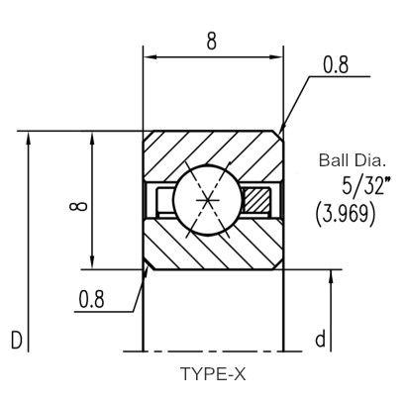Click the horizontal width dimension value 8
(x=212, y=41)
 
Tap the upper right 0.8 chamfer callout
(x=336, y=64)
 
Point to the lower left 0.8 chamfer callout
(x=91, y=299)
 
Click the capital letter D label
(x=17, y=340)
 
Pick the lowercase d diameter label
(x=320, y=339)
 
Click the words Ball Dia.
(x=352, y=160)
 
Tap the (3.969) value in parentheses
(x=346, y=215)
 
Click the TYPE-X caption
(x=213, y=374)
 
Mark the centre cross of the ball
(x=207, y=200)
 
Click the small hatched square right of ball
(x=256, y=200)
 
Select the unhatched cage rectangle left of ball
(x=164, y=200)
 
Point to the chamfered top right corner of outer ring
(x=279, y=136)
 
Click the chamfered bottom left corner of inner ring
(x=149, y=264)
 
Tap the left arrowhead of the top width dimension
(x=149, y=57)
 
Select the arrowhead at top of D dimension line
(x=29, y=138)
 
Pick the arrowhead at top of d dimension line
(x=332, y=276)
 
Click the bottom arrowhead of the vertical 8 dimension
(x=92, y=261)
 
